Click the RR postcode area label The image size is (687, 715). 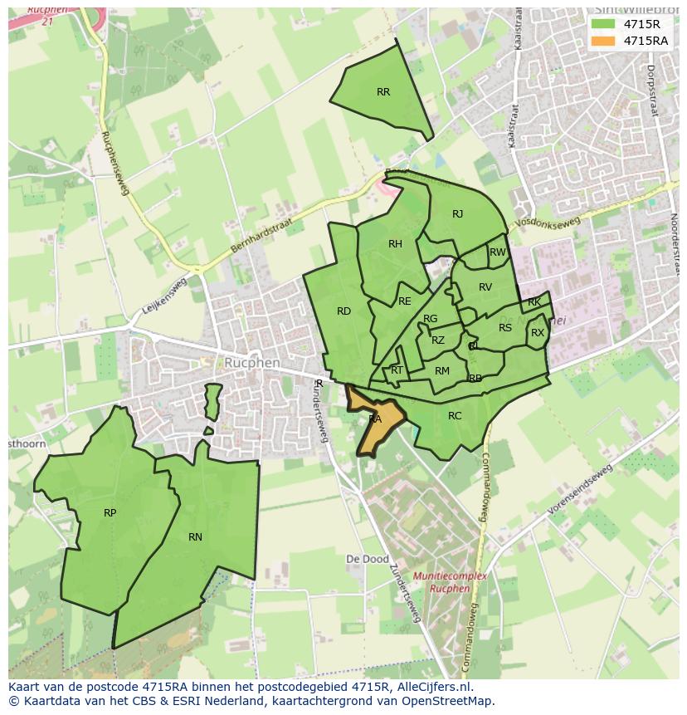pos(382,92)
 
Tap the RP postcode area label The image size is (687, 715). pos(110,513)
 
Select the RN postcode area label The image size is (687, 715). pos(195,537)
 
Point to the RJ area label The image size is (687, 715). pos(457,214)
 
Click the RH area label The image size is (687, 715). pos(395,244)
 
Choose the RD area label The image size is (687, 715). pos(343,311)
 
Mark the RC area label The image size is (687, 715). pos(455,416)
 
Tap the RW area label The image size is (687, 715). pos(497,252)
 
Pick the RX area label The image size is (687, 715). pos(538,333)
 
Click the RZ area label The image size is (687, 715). pos(438,340)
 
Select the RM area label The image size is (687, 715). pos(442,371)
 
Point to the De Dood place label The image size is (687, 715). pos(367,560)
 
